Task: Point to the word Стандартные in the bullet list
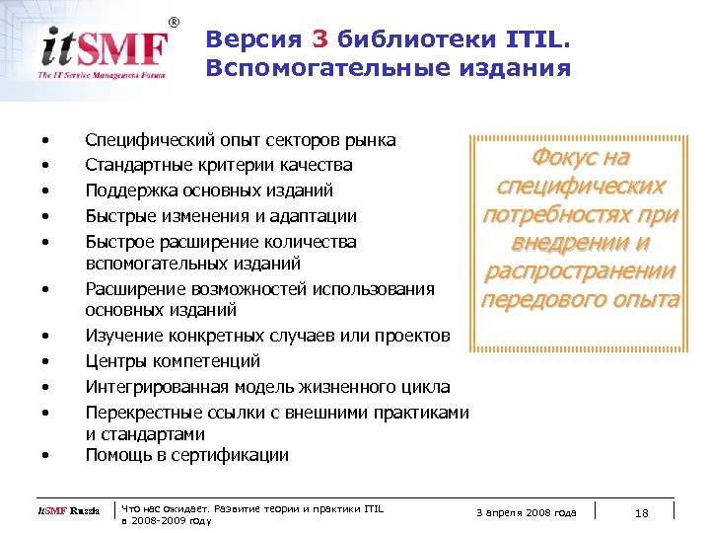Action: (134, 164)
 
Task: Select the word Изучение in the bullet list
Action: (123, 337)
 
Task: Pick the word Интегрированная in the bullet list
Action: (153, 386)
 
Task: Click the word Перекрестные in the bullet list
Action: (139, 412)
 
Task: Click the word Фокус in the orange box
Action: (566, 158)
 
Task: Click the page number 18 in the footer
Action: (641, 511)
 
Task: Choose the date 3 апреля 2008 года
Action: (526, 511)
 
